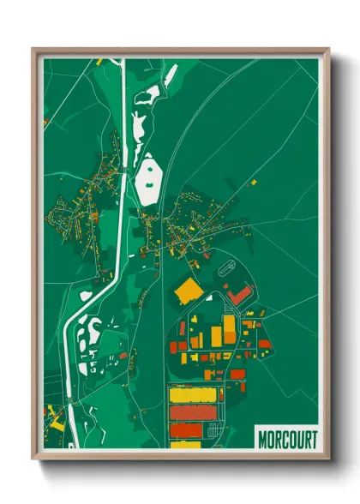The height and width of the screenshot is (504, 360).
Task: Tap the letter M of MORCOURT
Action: [x=263, y=438]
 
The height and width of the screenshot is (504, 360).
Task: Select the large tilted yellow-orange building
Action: [x=188, y=290]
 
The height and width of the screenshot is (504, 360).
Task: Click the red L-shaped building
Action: [x=240, y=295]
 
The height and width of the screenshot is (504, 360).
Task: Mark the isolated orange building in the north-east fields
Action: [x=253, y=182]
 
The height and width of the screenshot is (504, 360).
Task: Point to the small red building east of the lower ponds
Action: [x=123, y=355]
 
